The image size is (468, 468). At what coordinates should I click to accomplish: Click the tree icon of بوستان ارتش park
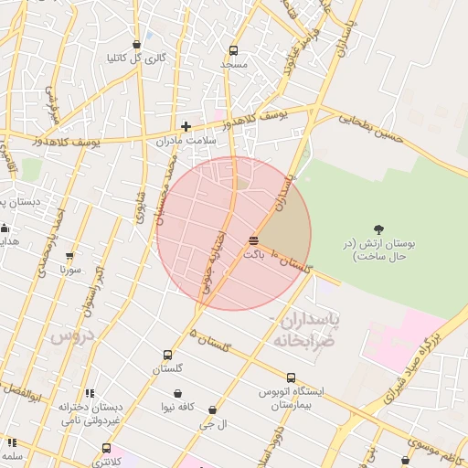tap(379, 229)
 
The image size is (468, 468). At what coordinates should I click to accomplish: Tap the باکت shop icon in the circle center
tap(253, 240)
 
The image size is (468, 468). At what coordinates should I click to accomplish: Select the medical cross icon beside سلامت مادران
tap(186, 126)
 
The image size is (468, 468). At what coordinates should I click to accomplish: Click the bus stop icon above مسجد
tap(233, 51)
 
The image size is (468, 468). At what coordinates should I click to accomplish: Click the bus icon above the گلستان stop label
tap(167, 355)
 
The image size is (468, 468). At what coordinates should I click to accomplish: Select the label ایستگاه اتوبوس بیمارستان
tap(291, 397)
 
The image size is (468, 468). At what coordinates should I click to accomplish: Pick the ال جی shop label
tap(213, 425)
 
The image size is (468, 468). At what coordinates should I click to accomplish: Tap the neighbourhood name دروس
tap(72, 336)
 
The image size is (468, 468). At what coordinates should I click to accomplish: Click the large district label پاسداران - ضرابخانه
tap(305, 329)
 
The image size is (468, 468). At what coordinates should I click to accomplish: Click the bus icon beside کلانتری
tap(107, 449)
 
